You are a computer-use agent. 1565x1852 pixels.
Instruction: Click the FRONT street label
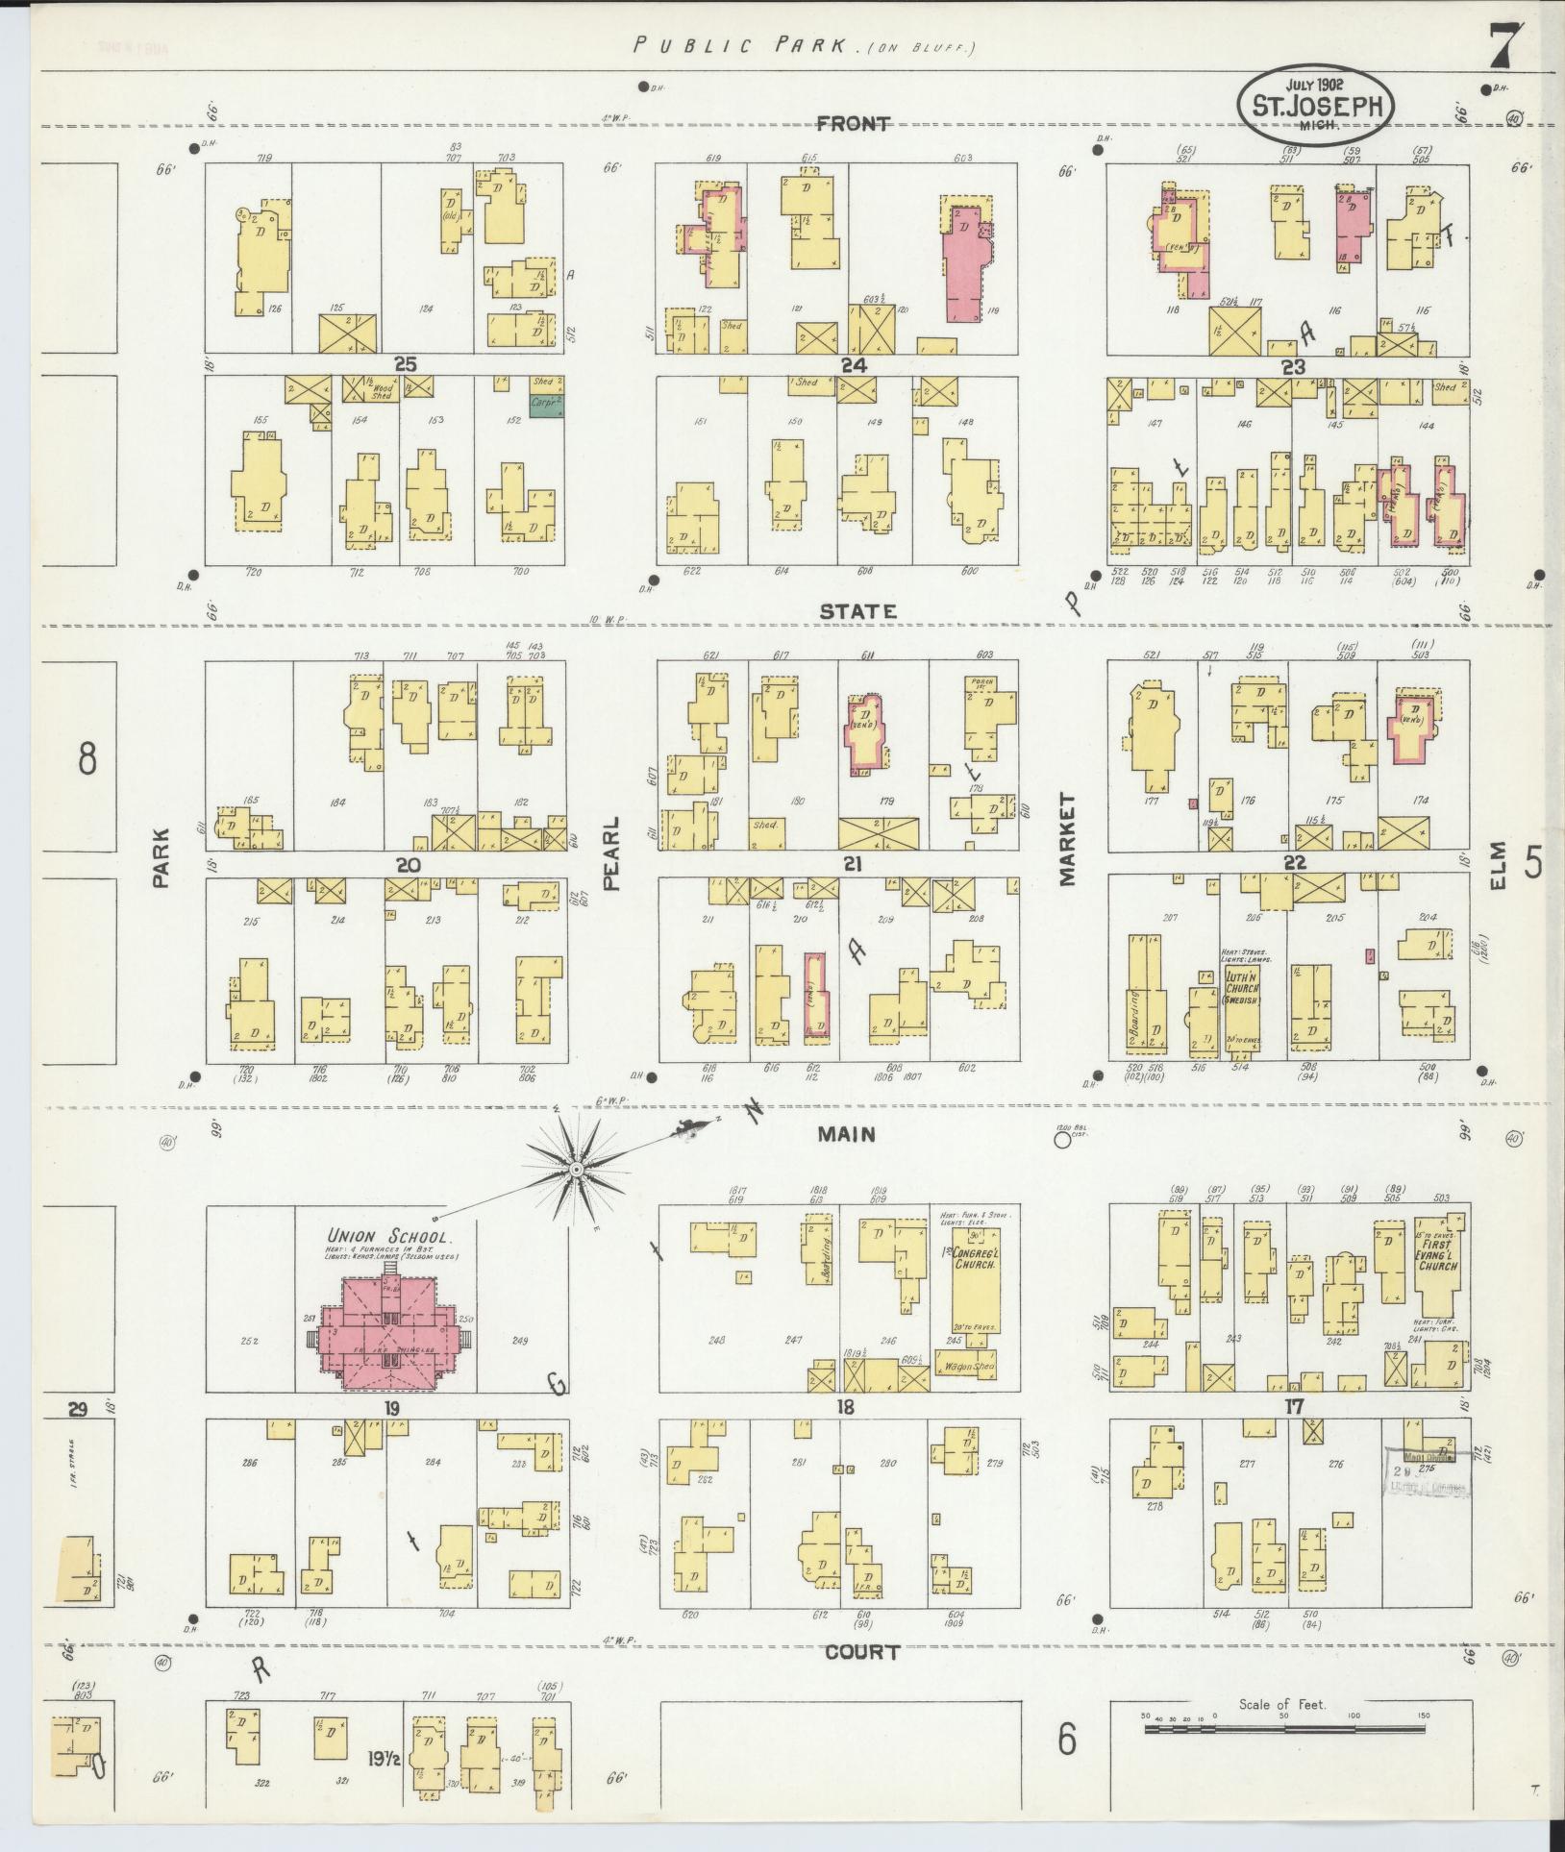click(853, 123)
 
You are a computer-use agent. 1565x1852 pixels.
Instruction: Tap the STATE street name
click(858, 611)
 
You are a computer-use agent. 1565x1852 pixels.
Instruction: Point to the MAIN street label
click(846, 1134)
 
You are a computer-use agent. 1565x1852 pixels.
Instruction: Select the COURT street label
click(862, 1652)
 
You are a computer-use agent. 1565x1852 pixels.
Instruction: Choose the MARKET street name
click(1067, 839)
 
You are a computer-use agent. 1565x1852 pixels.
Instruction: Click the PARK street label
click(160, 857)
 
